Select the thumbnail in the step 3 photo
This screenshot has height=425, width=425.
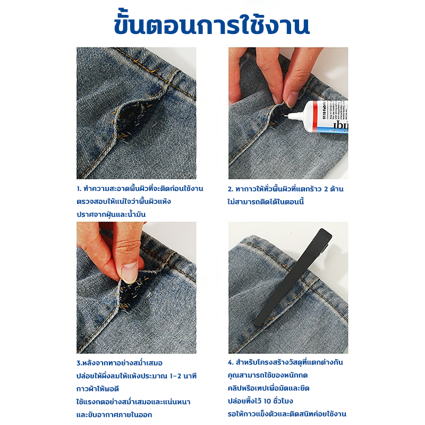click(x=129, y=273)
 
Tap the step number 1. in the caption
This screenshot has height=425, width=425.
click(x=79, y=189)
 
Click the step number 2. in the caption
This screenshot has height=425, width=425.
click(x=231, y=189)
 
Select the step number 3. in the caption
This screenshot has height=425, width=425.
click(x=79, y=363)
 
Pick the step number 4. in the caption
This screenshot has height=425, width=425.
click(x=231, y=362)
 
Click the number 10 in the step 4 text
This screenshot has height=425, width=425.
click(x=268, y=401)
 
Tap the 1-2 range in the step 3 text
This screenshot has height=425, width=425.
click(x=175, y=376)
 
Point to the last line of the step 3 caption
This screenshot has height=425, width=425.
click(x=114, y=415)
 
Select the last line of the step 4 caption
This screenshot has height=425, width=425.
click(x=287, y=414)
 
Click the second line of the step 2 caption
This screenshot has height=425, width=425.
click(x=266, y=201)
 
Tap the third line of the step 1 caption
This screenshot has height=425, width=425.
click(x=111, y=214)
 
